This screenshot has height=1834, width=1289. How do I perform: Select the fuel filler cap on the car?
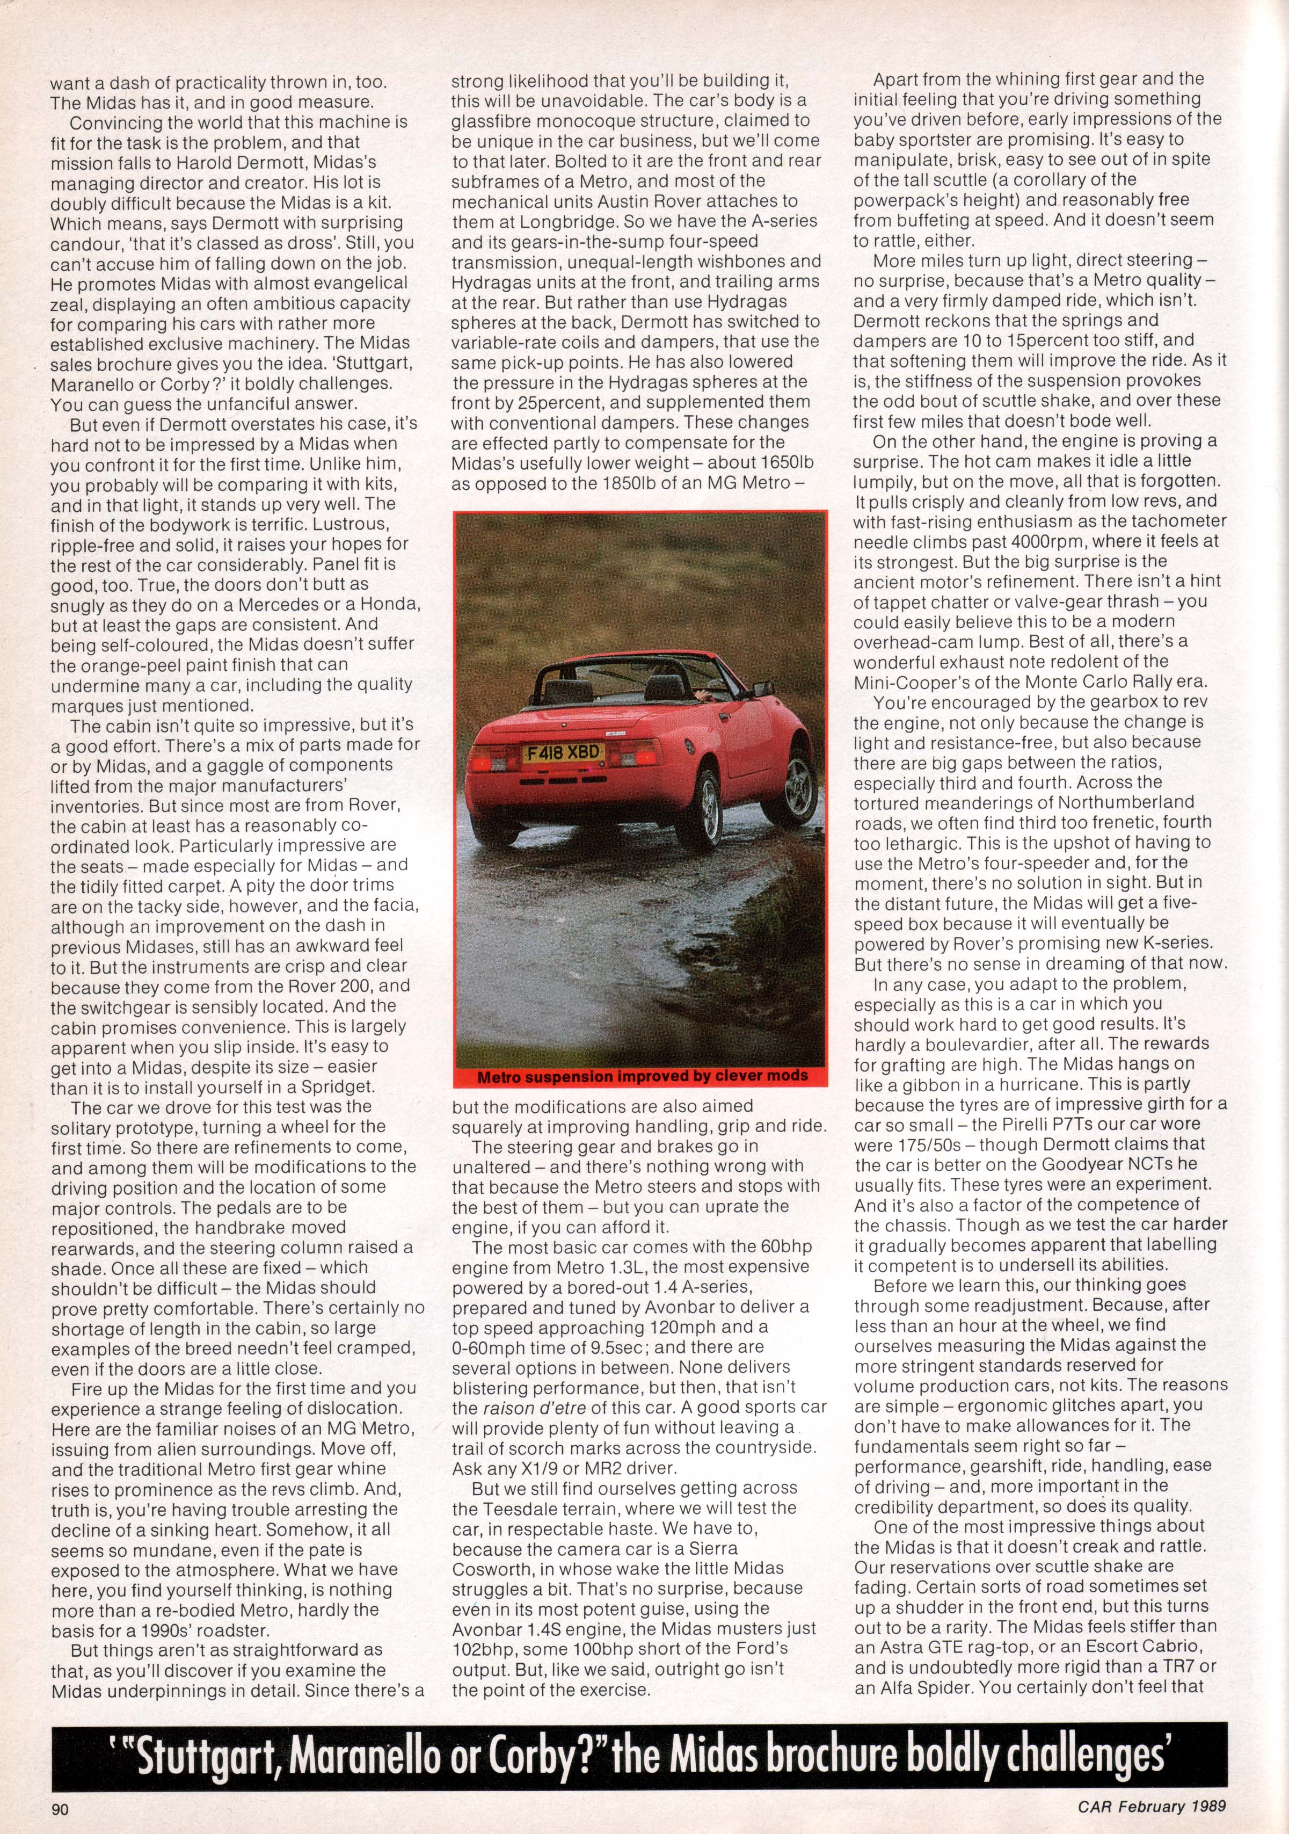[x=688, y=744]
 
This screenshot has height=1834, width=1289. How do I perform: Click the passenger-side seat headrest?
[x=660, y=685]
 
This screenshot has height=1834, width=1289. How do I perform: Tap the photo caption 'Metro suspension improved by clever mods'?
[x=642, y=1075]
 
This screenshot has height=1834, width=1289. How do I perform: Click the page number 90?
[x=61, y=1803]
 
